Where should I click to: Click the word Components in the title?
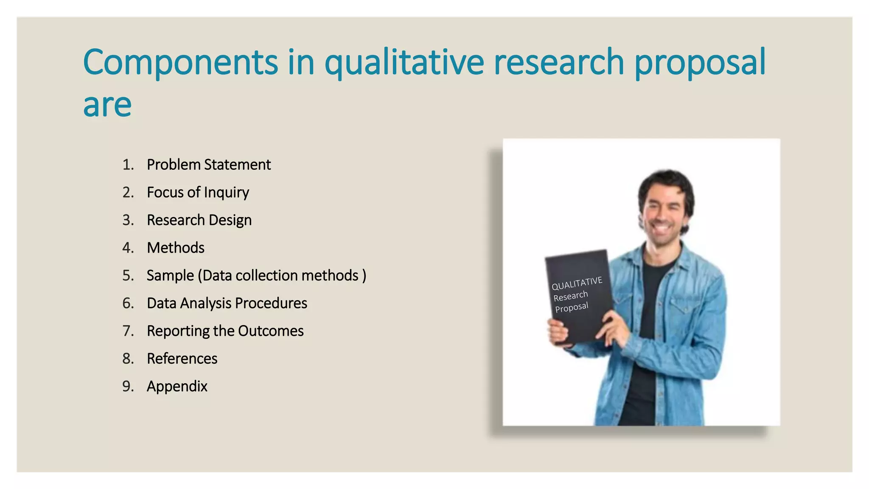(180, 62)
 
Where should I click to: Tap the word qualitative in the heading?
(404, 62)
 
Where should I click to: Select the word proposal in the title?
(700, 62)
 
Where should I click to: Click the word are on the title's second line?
(107, 105)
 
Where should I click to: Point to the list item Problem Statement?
(208, 165)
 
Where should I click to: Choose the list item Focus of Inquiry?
(198, 192)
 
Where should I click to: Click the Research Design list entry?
(199, 220)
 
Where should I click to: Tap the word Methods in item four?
(176, 248)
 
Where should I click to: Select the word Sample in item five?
(170, 275)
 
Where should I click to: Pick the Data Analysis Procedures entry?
(227, 303)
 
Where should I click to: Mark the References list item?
(182, 359)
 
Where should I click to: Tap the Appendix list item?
(177, 386)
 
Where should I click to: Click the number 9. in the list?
(128, 386)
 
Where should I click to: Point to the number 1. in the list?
(128, 165)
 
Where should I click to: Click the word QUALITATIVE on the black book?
(577, 284)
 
